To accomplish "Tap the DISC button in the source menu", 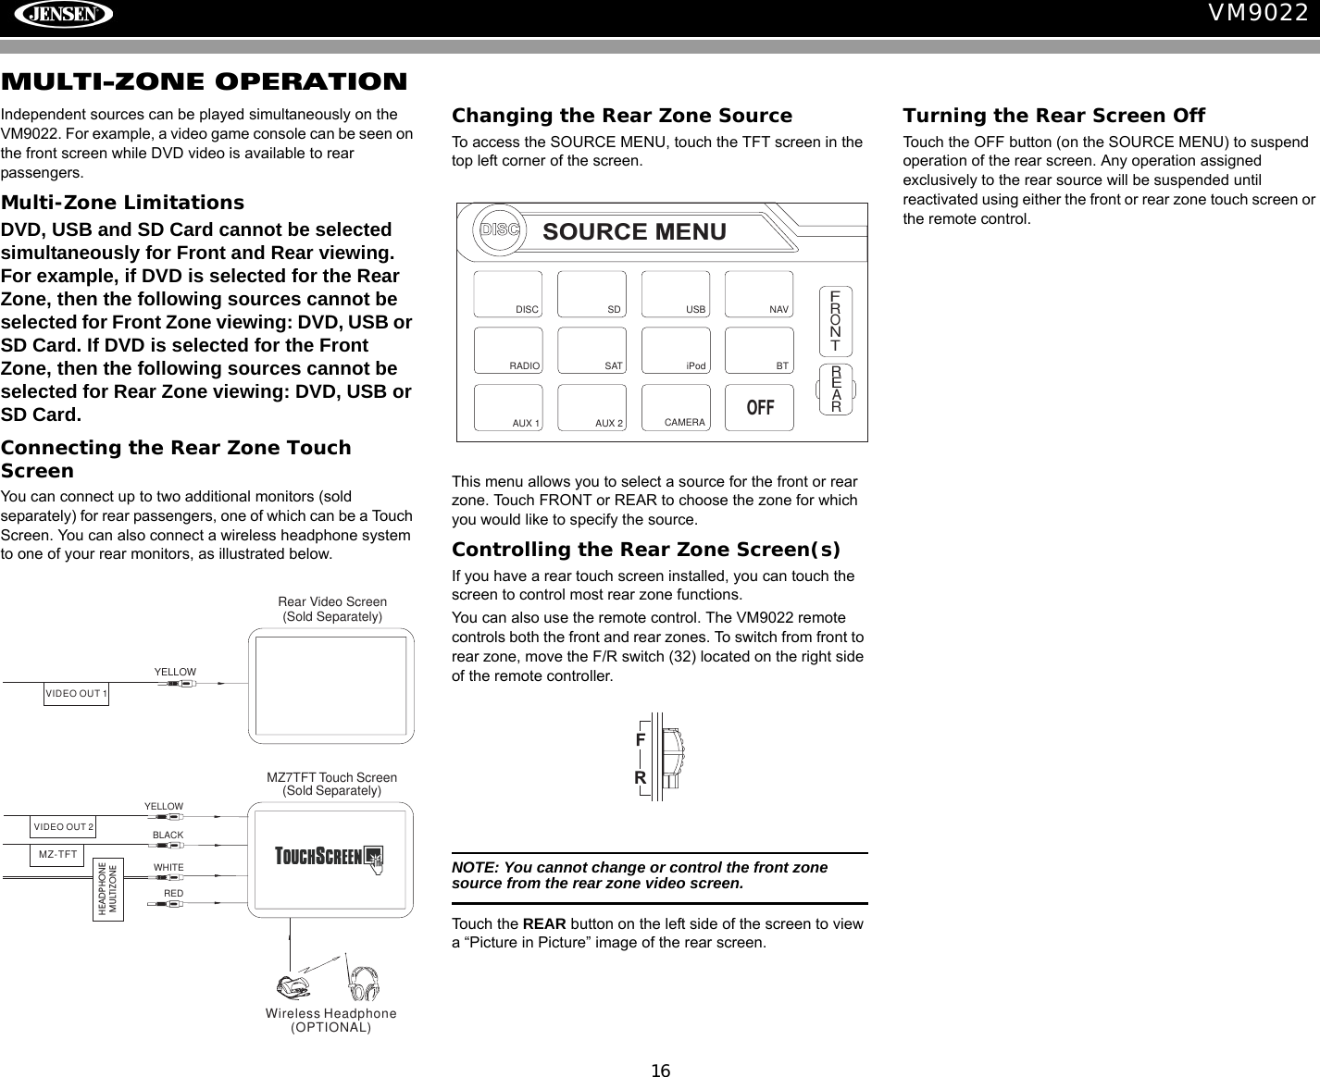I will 508,294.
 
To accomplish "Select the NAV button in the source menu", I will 759,294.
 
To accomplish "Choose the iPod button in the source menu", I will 676,351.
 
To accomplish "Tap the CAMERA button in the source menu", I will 676,408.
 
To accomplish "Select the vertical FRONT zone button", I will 835,321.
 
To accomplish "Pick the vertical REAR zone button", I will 835,389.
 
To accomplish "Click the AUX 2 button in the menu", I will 592,408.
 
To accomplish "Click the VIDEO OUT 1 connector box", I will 76,693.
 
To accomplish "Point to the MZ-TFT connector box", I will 57,854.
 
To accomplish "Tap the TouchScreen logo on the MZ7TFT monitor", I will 330,857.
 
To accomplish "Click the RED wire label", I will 173,894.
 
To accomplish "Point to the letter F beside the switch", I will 640,740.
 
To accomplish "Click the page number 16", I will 660,1071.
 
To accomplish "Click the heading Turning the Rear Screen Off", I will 1053,116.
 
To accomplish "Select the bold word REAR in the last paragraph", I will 544,923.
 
